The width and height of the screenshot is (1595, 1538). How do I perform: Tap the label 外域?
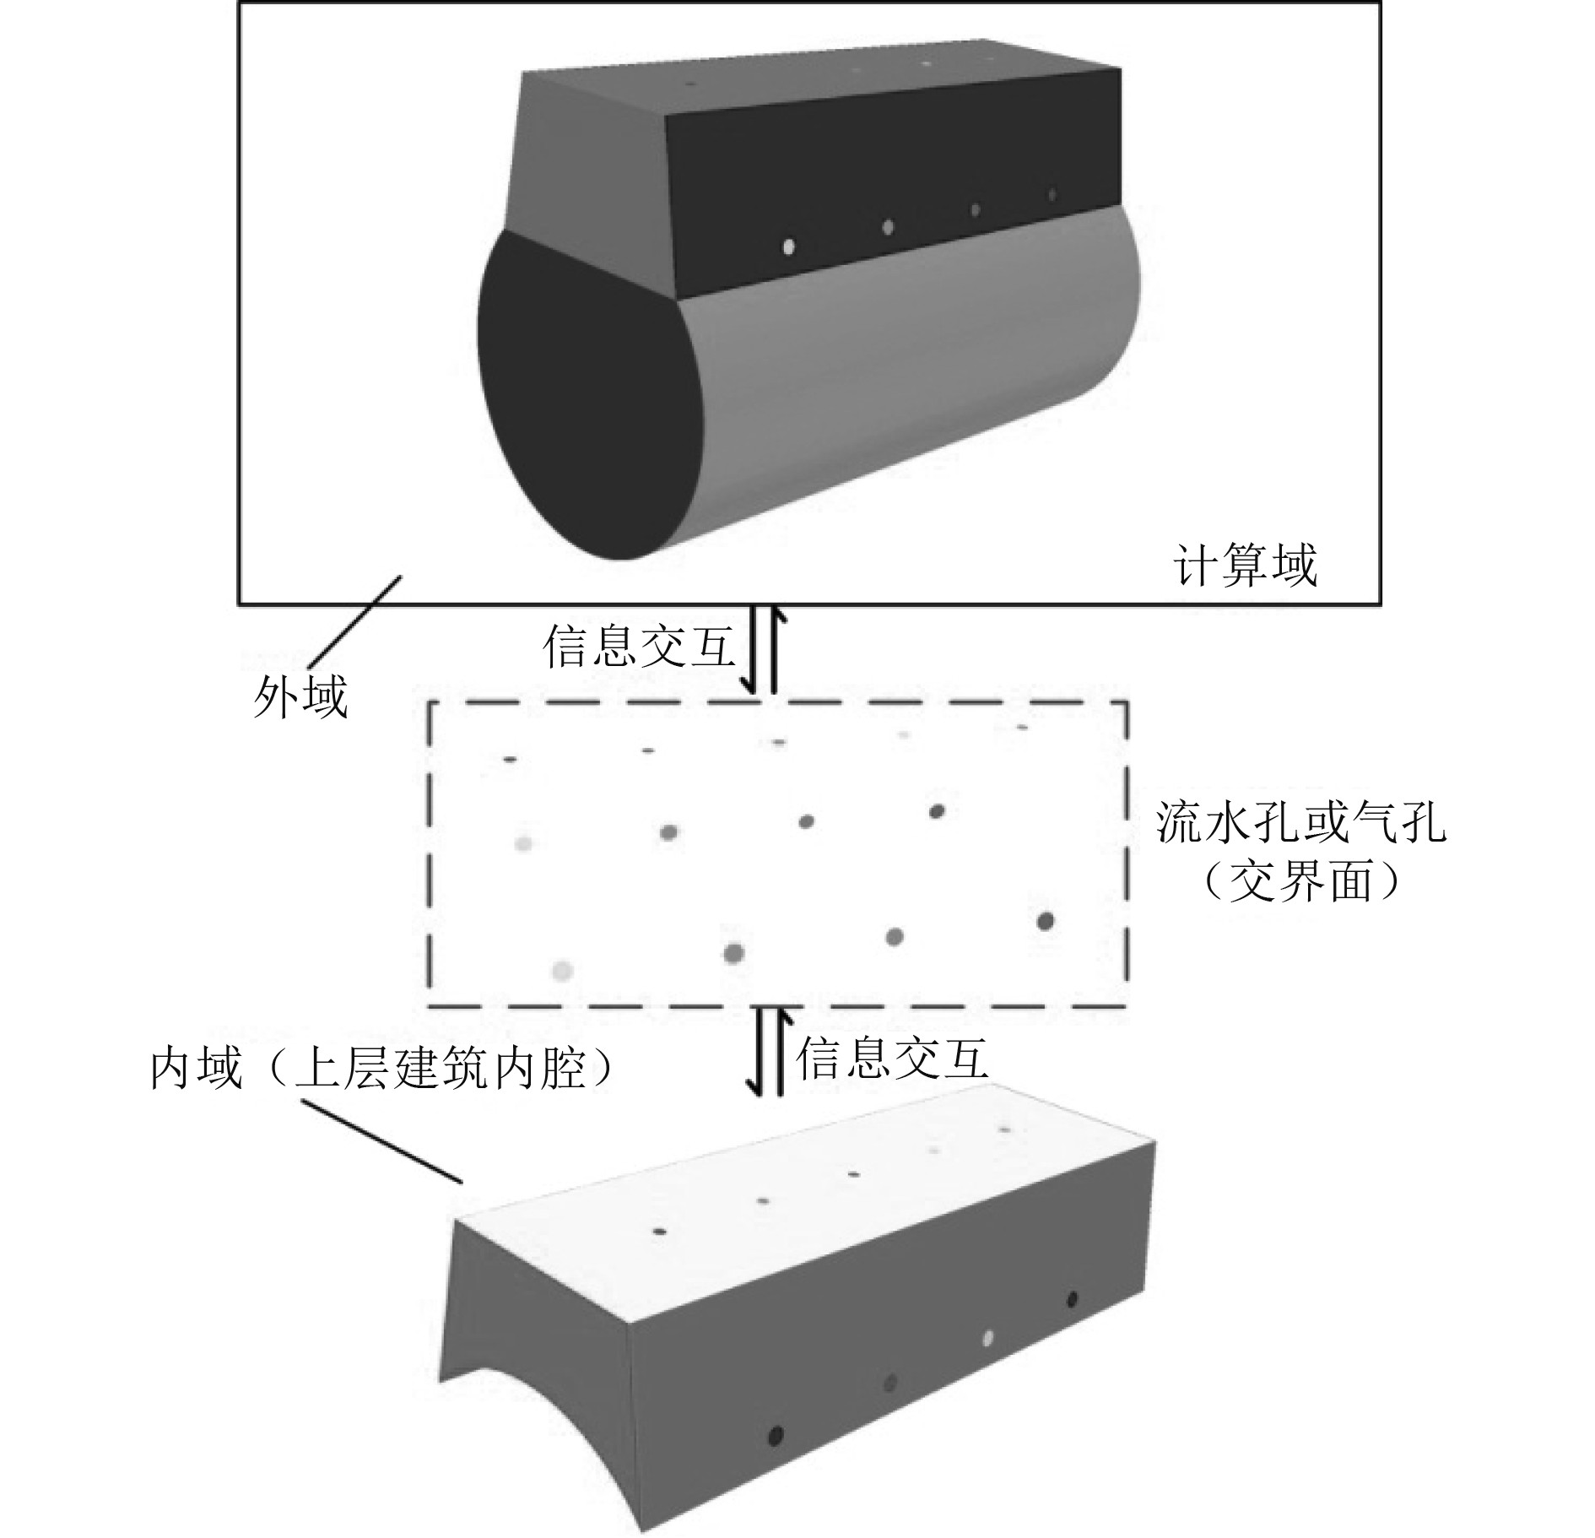pos(300,699)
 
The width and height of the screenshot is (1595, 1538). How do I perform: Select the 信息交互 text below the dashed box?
pos(891,1059)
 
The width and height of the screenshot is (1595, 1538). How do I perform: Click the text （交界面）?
pos(1300,882)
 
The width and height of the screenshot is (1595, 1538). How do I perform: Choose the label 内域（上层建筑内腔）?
pos(381,1070)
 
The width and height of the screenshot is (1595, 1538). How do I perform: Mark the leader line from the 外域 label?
pos(354,620)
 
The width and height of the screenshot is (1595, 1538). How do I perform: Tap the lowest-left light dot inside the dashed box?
pos(562,971)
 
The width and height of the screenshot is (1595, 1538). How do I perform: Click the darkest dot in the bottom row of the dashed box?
pos(1046,921)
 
